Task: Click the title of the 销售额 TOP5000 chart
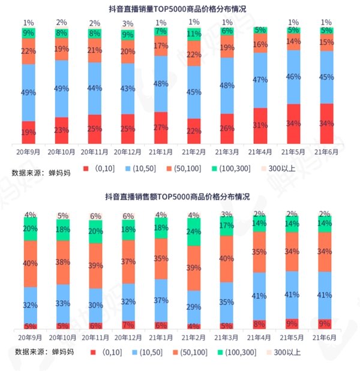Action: tap(179, 196)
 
